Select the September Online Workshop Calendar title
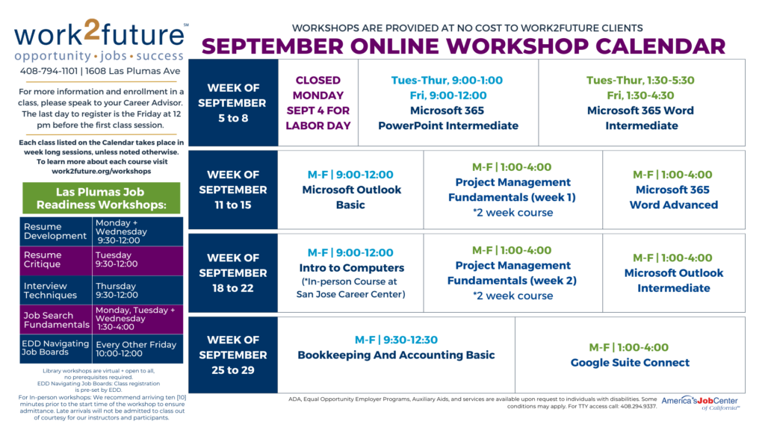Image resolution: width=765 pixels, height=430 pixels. point(463,46)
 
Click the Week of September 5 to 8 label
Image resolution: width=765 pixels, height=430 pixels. point(232,103)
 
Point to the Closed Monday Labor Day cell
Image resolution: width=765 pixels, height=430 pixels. point(318,103)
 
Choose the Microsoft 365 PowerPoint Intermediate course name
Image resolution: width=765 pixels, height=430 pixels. point(447,118)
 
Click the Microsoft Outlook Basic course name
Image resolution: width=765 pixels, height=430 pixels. point(351,197)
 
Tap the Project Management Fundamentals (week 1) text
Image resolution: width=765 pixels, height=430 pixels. point(512,190)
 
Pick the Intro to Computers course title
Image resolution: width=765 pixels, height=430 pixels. point(351,268)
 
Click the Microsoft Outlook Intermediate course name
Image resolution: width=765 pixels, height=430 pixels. point(673,280)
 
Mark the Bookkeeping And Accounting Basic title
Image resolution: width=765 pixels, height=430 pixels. point(396,355)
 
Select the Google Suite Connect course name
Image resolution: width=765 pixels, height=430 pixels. point(630,363)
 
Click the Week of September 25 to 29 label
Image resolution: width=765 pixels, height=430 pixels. point(232,355)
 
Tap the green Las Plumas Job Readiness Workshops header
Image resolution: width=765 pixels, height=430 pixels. point(102,199)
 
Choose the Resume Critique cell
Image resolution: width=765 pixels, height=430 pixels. point(57,260)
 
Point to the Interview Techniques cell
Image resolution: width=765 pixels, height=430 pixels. point(57,290)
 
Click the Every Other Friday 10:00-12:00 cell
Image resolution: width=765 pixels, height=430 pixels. point(137,349)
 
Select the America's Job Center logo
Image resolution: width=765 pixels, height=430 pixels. point(701,403)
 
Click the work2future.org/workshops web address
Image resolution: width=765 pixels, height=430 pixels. point(101,171)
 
